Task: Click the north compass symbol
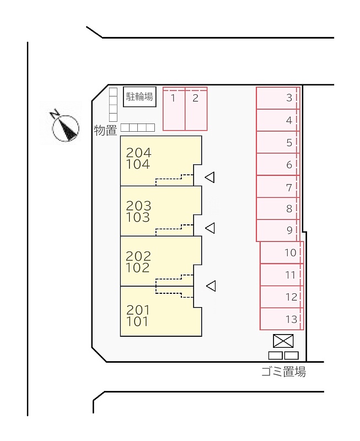pyautogui.click(x=65, y=127)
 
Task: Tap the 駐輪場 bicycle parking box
pyautogui.click(x=139, y=97)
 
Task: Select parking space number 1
pyautogui.click(x=174, y=109)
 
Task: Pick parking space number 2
pyautogui.click(x=196, y=109)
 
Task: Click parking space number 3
pyautogui.click(x=278, y=98)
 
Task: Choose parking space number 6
pyautogui.click(x=278, y=164)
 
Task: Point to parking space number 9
pyautogui.click(x=278, y=230)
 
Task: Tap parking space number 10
pyautogui.click(x=282, y=252)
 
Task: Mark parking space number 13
pyautogui.click(x=282, y=319)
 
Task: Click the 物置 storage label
pyautogui.click(x=105, y=131)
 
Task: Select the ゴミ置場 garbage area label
pyautogui.click(x=283, y=372)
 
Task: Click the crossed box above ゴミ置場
pyautogui.click(x=283, y=341)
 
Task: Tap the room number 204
pyautogui.click(x=139, y=153)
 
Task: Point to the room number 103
pyautogui.click(x=138, y=217)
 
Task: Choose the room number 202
pyautogui.click(x=138, y=256)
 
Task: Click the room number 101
pyautogui.click(x=137, y=321)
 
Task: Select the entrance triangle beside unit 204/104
pyautogui.click(x=210, y=177)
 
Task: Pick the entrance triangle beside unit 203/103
pyautogui.click(x=211, y=228)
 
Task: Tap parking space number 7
pyautogui.click(x=278, y=186)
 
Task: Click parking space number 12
pyautogui.click(x=282, y=297)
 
